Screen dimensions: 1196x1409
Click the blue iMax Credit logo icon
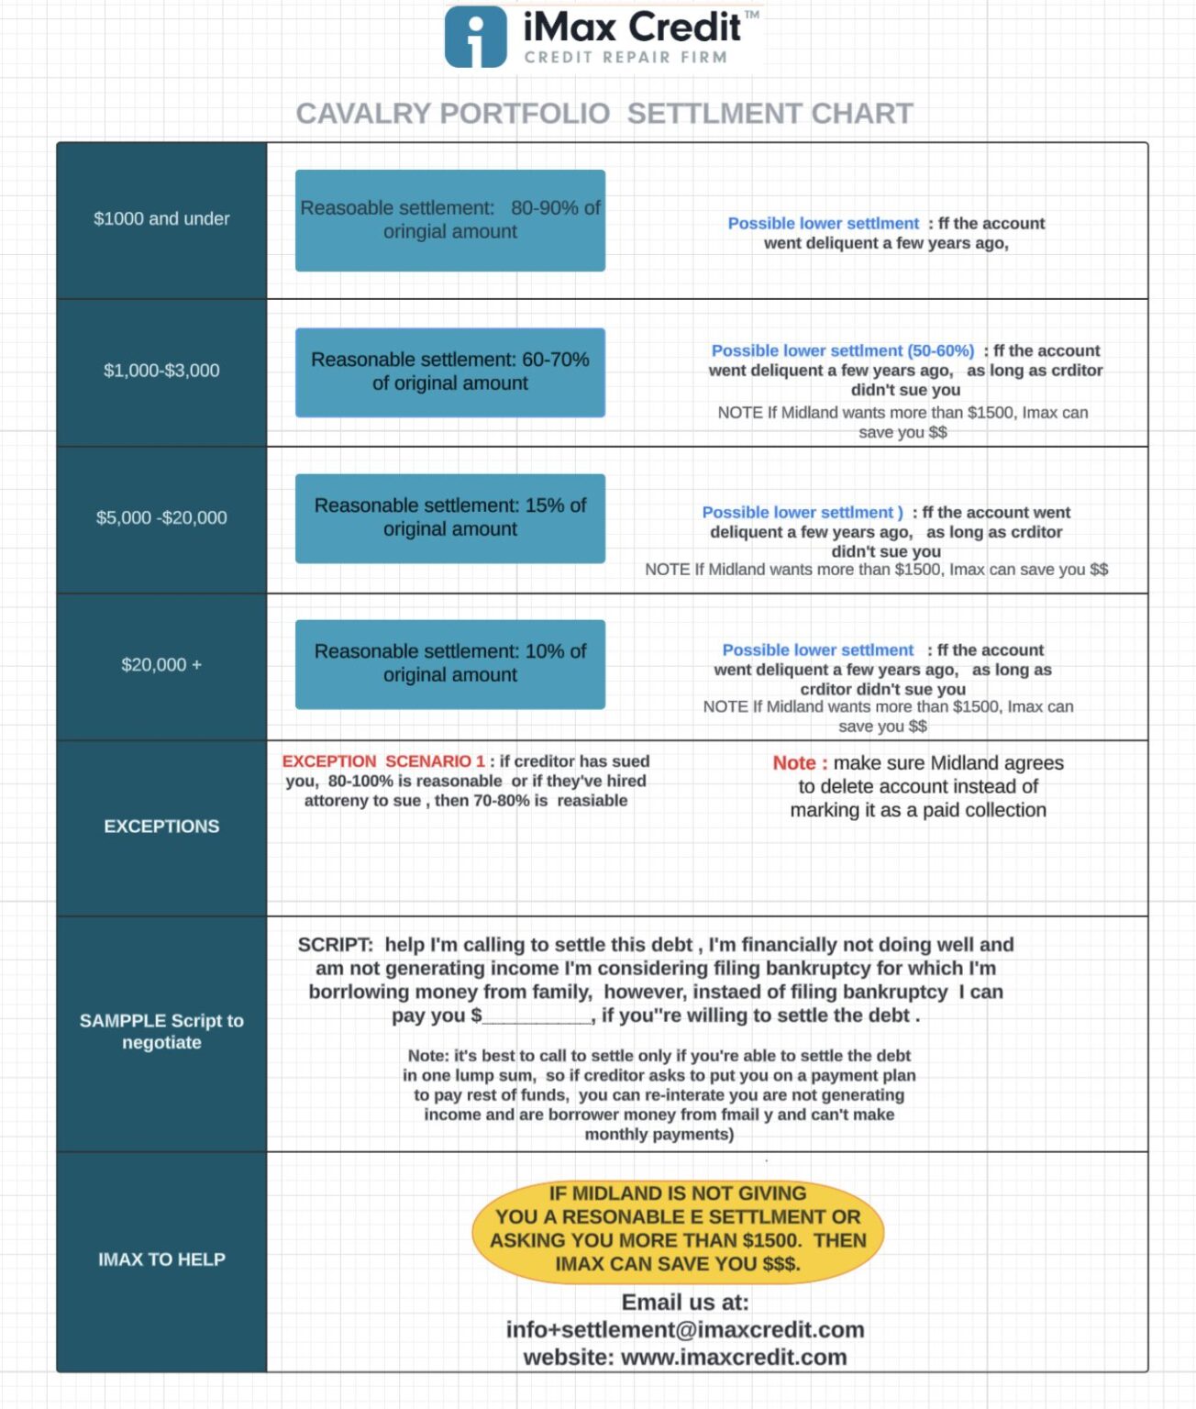click(x=475, y=37)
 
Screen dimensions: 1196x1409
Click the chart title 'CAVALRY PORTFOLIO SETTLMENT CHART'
click(x=604, y=113)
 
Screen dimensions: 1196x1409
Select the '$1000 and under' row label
click(x=161, y=219)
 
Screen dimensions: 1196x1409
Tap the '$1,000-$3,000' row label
click(x=161, y=371)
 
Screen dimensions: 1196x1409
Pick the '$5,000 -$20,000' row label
click(x=161, y=517)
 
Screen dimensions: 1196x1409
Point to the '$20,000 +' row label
click(x=161, y=665)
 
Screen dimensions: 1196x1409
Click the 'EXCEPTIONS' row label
click(x=161, y=827)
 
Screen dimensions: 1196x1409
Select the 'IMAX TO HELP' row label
click(x=161, y=1259)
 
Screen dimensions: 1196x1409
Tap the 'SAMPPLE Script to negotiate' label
click(x=161, y=1031)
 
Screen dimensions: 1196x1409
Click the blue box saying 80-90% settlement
click(x=449, y=220)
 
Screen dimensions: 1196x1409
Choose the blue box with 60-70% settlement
click(x=449, y=372)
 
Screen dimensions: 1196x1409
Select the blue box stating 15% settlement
click(x=449, y=518)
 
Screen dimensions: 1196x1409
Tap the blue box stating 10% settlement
click(x=449, y=665)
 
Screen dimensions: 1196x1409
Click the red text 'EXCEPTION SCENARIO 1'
click(x=383, y=761)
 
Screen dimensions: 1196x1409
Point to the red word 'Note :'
click(x=800, y=763)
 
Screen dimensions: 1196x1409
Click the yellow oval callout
click(x=678, y=1233)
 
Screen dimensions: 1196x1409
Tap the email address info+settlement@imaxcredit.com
click(x=685, y=1329)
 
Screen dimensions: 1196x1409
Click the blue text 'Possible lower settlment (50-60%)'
click(x=843, y=350)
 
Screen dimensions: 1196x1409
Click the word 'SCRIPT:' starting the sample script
click(x=336, y=945)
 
